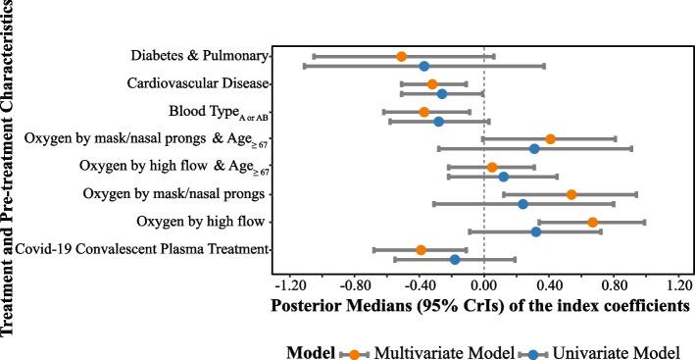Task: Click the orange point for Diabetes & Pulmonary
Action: tap(401, 57)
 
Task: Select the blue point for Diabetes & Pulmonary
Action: tap(423, 66)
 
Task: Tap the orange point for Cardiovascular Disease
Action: tap(432, 84)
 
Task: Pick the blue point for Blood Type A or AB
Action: tap(438, 122)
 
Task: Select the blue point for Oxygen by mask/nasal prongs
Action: tap(522, 204)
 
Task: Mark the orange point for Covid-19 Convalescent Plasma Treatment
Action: tap(421, 250)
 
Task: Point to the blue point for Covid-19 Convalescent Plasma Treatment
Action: tap(455, 260)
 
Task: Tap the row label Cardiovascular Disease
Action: tap(197, 83)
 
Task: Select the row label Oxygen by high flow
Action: tap(203, 222)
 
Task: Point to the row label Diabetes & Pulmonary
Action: tap(200, 56)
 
